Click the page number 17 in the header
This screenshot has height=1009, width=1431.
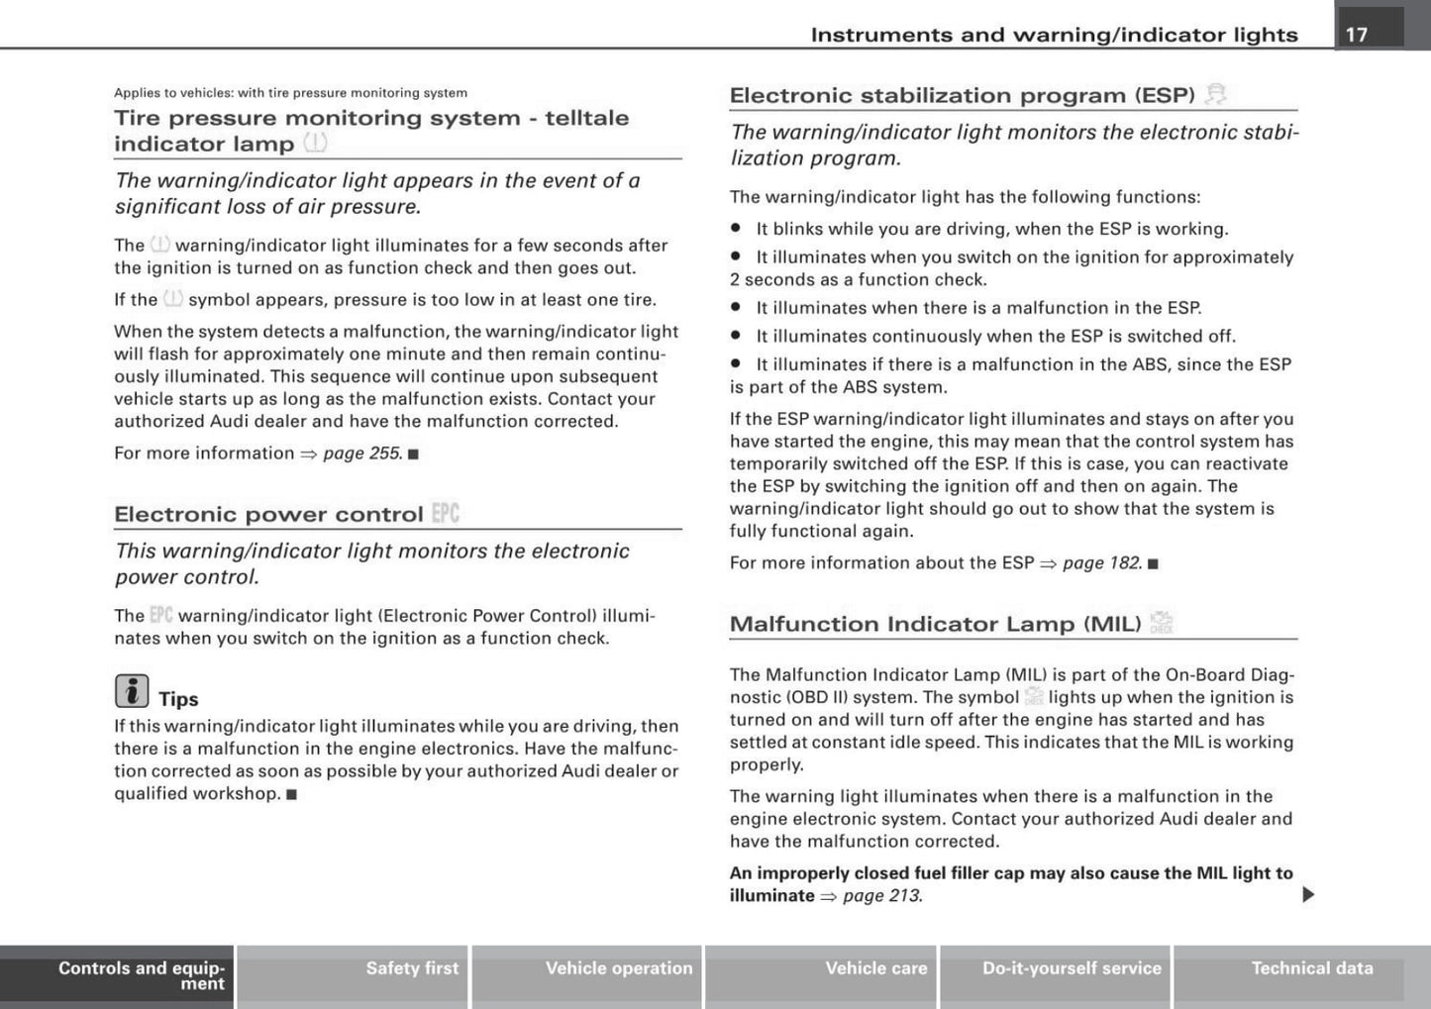1357,35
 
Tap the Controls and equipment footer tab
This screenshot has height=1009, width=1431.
141,975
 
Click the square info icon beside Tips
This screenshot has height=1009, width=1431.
132,691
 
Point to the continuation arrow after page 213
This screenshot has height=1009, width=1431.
1308,895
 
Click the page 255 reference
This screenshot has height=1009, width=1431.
362,454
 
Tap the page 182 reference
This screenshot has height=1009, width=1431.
1102,563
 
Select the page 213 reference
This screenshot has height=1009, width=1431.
881,896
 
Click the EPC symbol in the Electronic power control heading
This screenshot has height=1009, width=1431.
446,513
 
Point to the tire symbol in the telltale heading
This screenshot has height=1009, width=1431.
316,144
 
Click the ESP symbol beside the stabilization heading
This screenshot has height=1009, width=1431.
1216,95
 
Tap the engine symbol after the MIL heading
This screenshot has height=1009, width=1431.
1162,623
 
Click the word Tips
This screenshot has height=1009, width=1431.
178,699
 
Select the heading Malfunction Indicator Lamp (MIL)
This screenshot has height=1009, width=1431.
935,624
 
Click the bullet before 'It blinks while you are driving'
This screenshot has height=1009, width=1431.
736,229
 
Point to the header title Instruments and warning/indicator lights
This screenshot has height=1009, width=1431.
1054,35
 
